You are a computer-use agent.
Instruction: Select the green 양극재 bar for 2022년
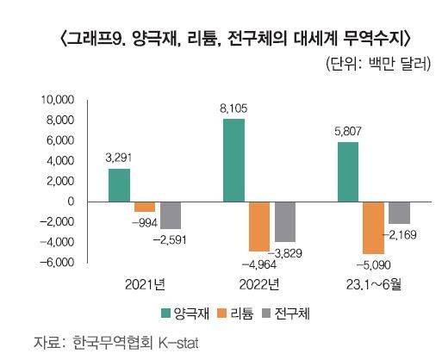click(233, 160)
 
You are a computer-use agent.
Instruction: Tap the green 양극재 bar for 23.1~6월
click(348, 172)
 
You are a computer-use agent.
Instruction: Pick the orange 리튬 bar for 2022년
click(259, 227)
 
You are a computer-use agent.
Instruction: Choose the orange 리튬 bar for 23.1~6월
click(374, 227)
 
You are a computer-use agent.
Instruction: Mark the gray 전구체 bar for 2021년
click(171, 214)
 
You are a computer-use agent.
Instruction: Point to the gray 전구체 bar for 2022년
click(285, 221)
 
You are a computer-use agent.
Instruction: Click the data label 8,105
click(233, 109)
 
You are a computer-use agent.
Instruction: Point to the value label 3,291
click(119, 158)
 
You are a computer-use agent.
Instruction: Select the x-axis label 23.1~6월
click(372, 285)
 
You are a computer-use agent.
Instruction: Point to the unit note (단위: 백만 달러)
click(377, 65)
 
